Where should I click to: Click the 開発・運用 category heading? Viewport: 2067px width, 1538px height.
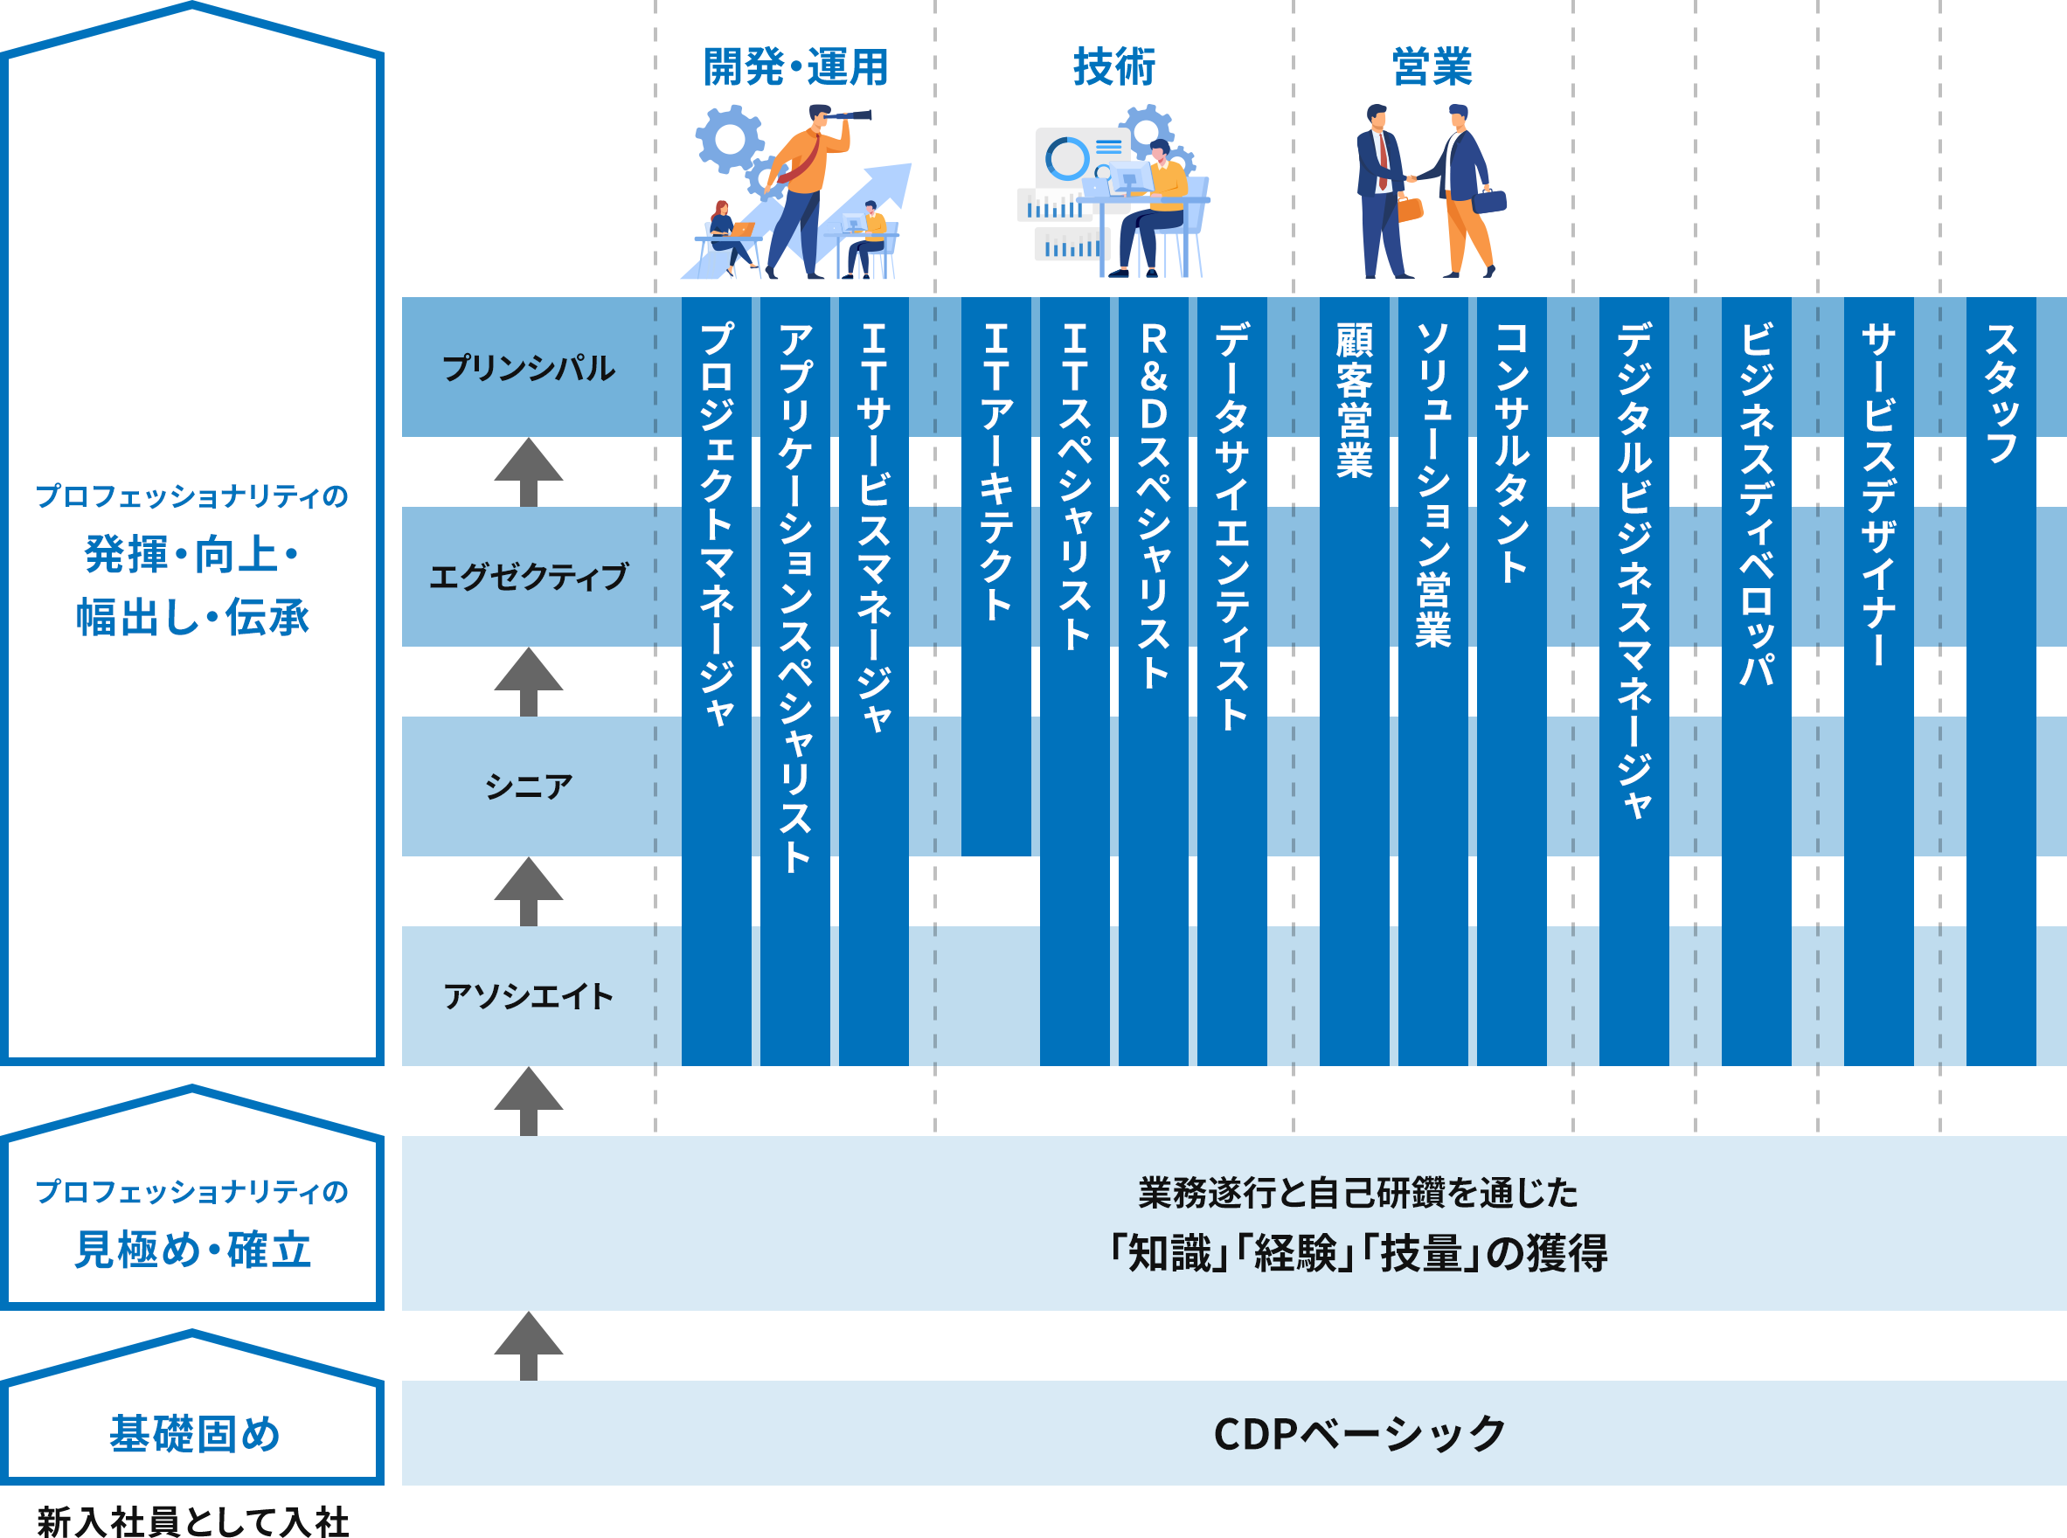coord(795,67)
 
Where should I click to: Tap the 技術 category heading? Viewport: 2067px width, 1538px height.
coord(1113,67)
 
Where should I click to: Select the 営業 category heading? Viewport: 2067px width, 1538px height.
coord(1432,67)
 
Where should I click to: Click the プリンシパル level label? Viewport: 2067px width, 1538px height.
coord(528,368)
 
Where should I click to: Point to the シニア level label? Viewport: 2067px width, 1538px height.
coord(528,786)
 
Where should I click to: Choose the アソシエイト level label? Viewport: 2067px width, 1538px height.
coord(528,996)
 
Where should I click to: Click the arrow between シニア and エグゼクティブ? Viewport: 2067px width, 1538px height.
coord(528,682)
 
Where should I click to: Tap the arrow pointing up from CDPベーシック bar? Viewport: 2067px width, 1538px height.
coord(528,1345)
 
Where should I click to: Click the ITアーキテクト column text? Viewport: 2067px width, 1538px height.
coord(995,471)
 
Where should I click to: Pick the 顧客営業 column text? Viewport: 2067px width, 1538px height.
coord(1354,400)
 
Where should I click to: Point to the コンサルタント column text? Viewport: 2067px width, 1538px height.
coord(1511,453)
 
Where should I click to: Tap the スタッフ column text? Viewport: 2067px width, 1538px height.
coord(2001,393)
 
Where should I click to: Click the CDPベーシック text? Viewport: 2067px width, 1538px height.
coord(1359,1434)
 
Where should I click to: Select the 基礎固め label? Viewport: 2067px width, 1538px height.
coord(194,1434)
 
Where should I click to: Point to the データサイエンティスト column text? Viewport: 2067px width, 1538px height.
coord(1231,526)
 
